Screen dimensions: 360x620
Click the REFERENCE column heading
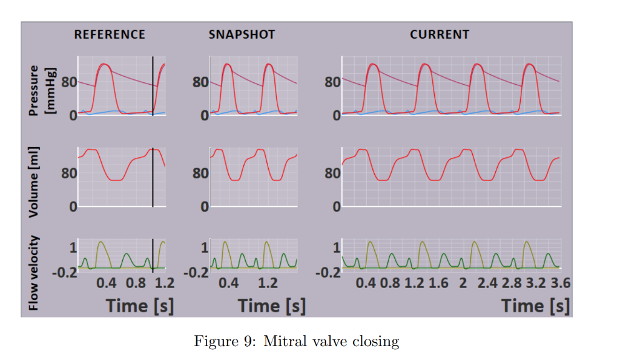110,34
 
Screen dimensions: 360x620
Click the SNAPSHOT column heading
242,34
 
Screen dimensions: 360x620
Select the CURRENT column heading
439,34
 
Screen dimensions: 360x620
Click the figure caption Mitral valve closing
297,341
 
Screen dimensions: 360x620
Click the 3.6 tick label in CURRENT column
558,283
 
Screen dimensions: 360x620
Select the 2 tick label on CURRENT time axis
463,283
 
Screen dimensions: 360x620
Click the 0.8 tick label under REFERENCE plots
136,283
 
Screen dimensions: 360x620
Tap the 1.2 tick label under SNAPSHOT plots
268,283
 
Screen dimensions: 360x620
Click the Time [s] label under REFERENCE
140,306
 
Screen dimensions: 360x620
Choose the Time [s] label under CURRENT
535,306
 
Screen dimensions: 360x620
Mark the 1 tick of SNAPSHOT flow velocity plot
205,247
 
